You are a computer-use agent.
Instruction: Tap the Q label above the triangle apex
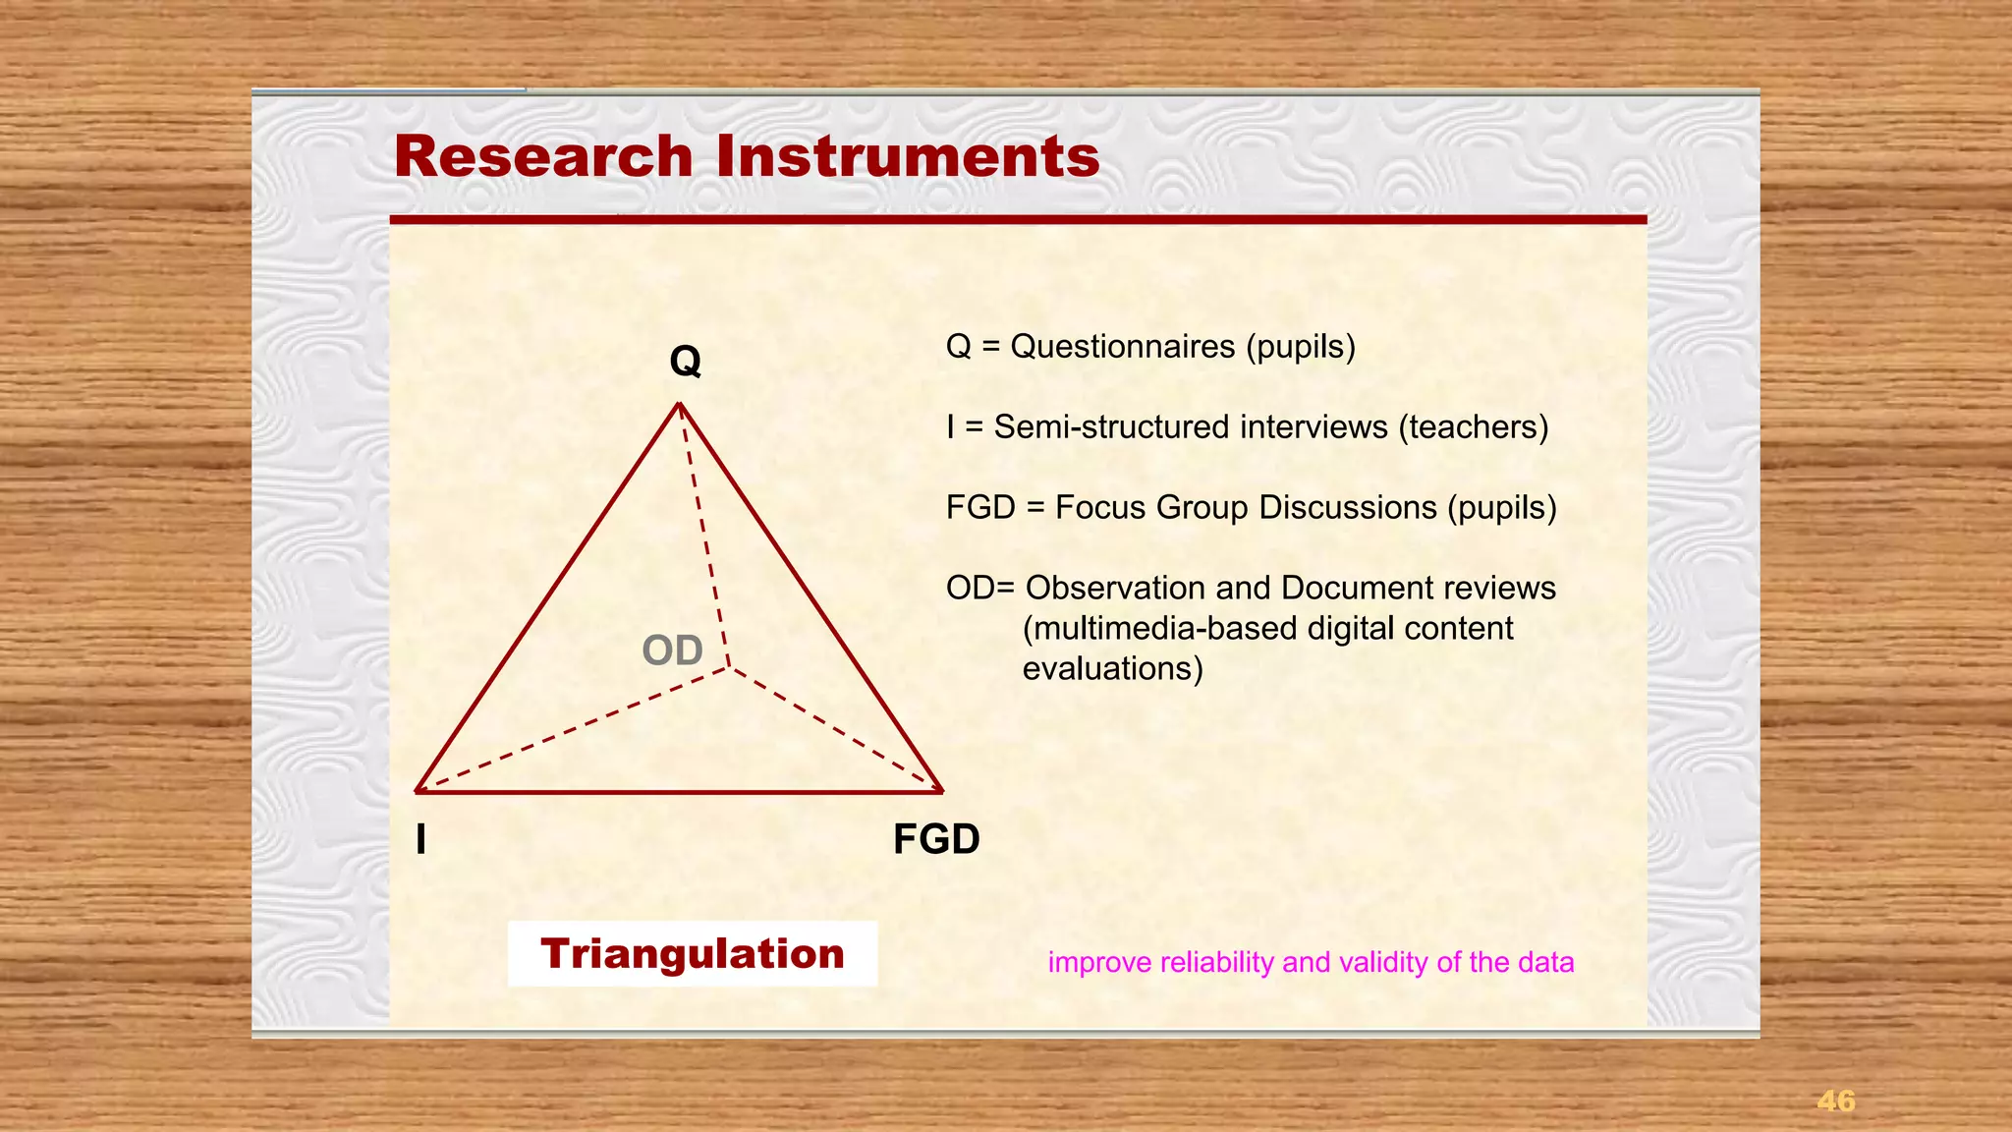(x=685, y=362)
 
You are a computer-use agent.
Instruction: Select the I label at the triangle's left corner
(x=421, y=840)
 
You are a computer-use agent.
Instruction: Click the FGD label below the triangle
(x=935, y=840)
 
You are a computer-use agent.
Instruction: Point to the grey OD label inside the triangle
(x=672, y=651)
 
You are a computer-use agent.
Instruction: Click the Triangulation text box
(x=692, y=954)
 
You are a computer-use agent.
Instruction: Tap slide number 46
(x=1835, y=1101)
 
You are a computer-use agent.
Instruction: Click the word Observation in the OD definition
(x=1115, y=589)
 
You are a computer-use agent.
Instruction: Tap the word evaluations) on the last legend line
(x=1112, y=669)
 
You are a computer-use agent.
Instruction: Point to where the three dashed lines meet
(x=729, y=668)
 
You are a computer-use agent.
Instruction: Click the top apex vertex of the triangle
(x=679, y=404)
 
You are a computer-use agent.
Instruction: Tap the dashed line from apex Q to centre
(x=703, y=536)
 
